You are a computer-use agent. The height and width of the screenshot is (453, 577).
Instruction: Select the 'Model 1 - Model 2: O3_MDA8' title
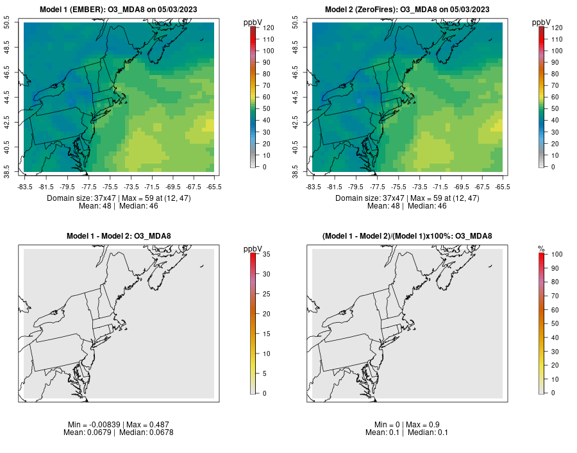[x=119, y=236]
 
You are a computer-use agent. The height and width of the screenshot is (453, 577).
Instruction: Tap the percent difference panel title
[x=407, y=236]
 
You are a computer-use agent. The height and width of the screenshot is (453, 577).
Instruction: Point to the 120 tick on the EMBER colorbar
[x=268, y=28]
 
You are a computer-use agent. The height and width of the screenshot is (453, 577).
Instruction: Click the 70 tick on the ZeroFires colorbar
[x=556, y=85]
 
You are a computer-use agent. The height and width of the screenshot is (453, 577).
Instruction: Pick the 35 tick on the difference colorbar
[x=265, y=255]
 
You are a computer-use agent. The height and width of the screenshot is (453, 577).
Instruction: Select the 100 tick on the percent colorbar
[x=556, y=255]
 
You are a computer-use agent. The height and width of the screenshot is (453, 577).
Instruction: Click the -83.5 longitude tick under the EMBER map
[x=25, y=187]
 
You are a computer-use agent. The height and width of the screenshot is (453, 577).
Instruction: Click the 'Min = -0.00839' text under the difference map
[x=95, y=425]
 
